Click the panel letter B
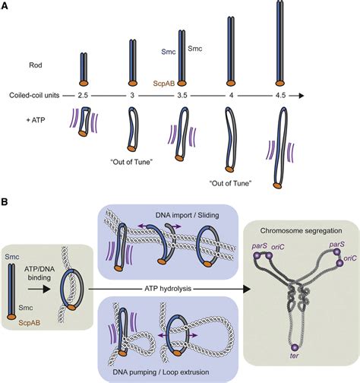5,203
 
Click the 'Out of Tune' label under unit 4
231,182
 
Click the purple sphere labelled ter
294,347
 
